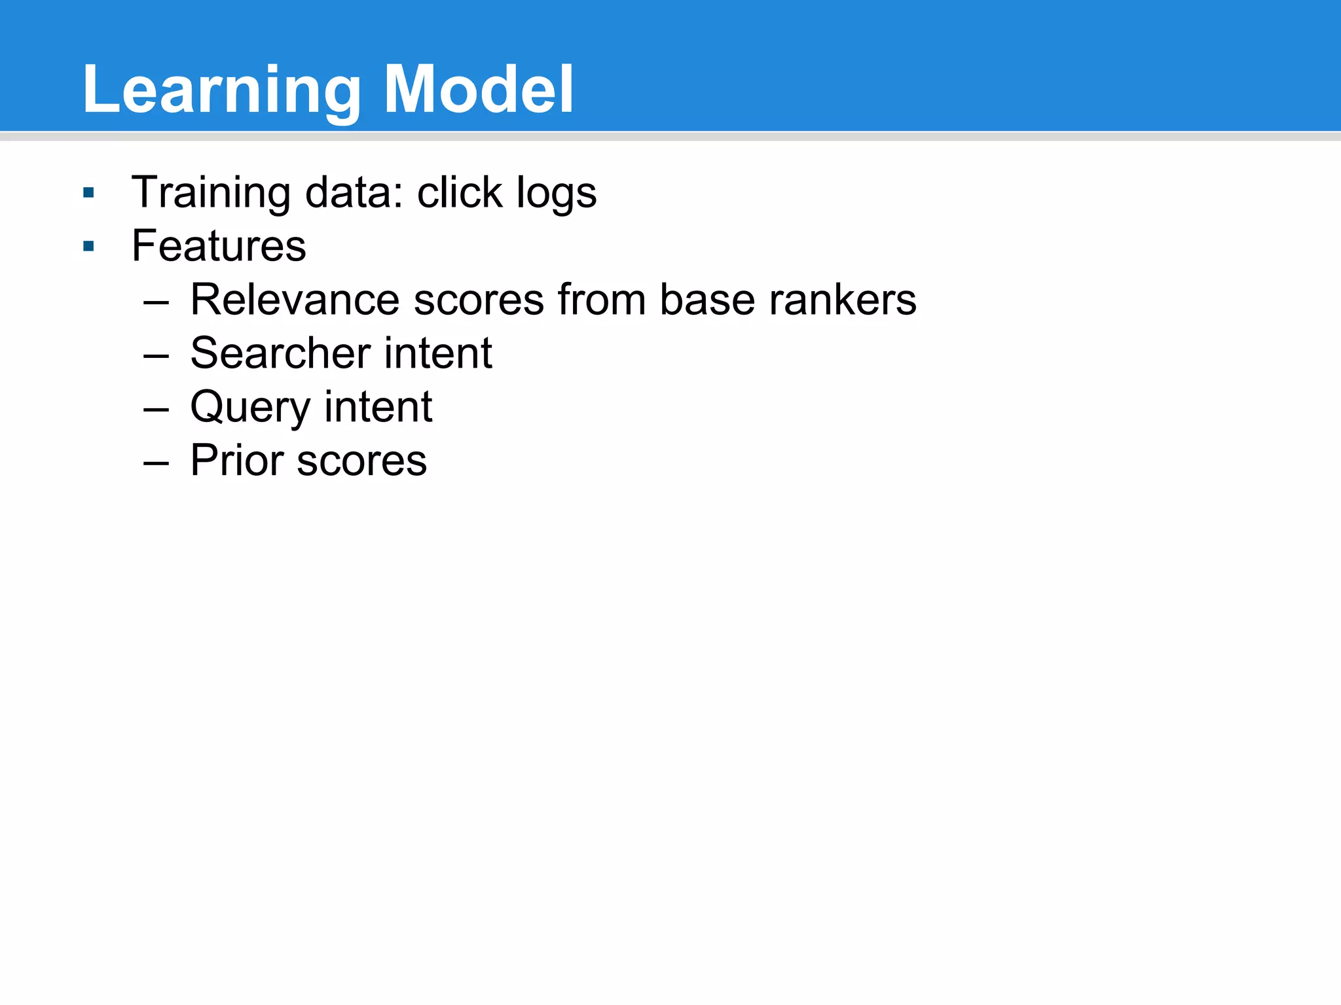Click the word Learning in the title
[221, 90]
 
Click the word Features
[219, 246]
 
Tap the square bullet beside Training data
[89, 193]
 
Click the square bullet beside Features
[89, 247]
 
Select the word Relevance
[295, 300]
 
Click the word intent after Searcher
[437, 353]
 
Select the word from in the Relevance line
[601, 300]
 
